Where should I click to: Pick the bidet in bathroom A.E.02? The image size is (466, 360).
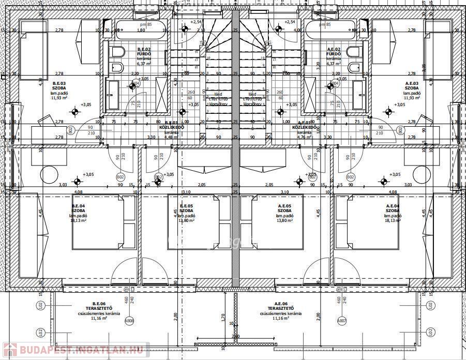(355, 68)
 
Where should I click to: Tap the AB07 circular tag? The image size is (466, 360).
(341, 321)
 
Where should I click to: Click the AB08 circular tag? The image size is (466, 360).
(129, 321)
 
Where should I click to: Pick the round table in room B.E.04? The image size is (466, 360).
(50, 174)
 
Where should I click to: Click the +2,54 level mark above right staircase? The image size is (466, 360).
(289, 22)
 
